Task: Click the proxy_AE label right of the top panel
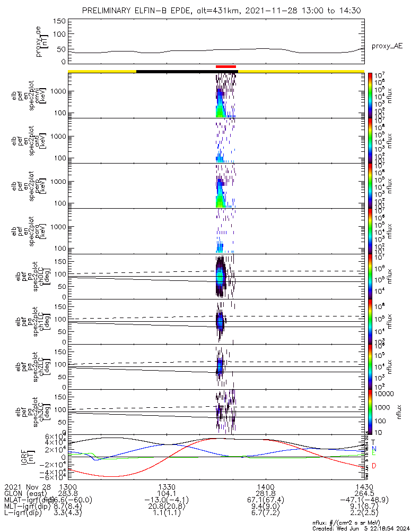click(387, 46)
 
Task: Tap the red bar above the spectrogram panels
click(226, 66)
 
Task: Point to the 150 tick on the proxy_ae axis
click(59, 21)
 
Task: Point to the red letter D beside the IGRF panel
click(374, 466)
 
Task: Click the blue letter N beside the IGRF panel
click(374, 449)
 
